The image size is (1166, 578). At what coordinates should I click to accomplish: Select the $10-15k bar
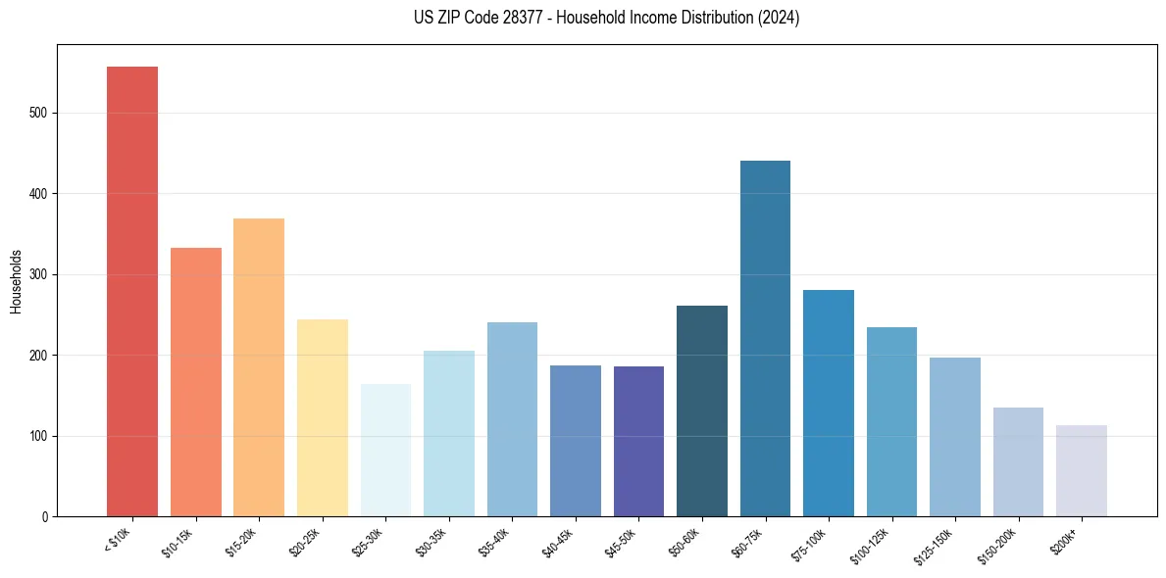click(195, 382)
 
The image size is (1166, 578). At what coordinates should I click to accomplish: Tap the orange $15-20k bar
click(259, 367)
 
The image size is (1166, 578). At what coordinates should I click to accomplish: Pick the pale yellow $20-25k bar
click(323, 417)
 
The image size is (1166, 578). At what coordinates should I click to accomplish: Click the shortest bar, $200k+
click(1082, 470)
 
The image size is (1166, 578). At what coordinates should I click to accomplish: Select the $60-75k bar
click(765, 338)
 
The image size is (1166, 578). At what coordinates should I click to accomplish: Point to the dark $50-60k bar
click(702, 410)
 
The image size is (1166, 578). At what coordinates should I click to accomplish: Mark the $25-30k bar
click(385, 450)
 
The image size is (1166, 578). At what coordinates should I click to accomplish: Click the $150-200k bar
click(1018, 461)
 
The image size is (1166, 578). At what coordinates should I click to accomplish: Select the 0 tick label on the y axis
click(45, 517)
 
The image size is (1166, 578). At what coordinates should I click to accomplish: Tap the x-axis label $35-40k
click(495, 541)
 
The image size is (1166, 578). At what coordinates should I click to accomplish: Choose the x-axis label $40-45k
click(558, 541)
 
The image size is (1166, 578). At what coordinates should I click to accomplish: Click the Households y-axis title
click(17, 280)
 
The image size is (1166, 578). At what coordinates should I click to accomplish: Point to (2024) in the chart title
click(779, 18)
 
